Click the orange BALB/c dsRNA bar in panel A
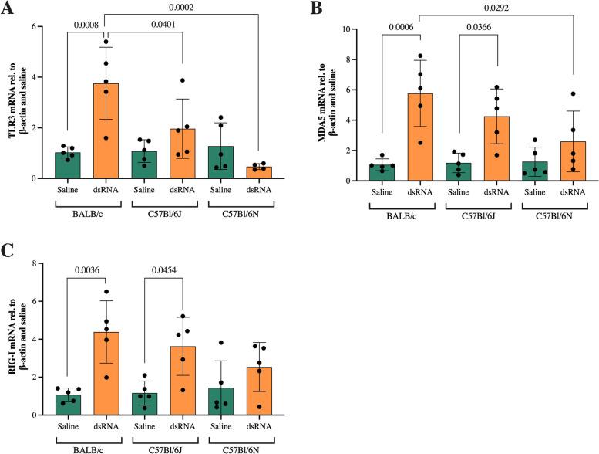coord(106,131)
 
